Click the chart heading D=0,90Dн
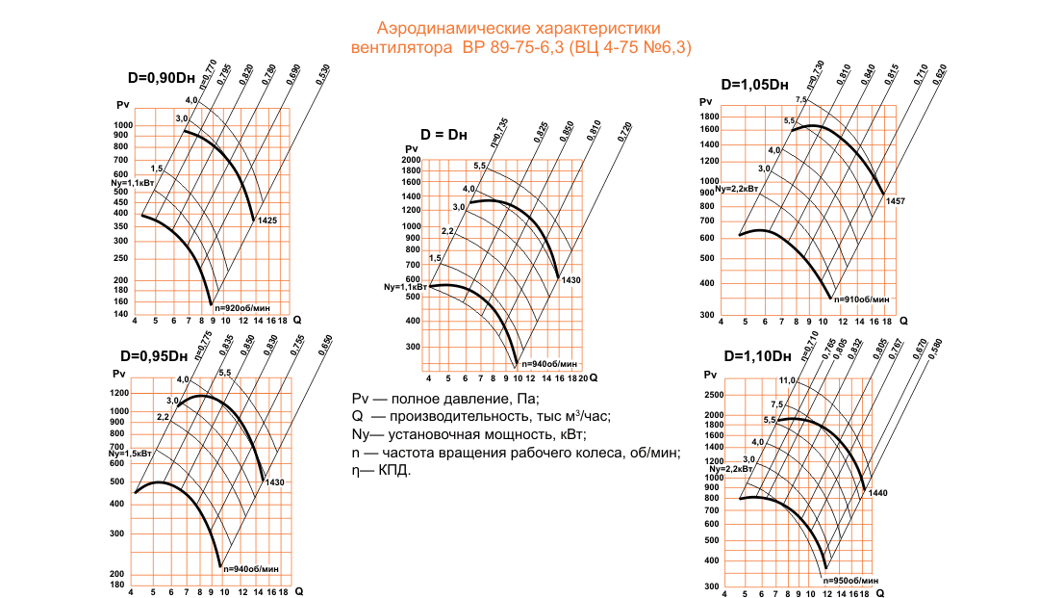[x=164, y=78]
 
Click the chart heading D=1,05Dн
[x=755, y=84]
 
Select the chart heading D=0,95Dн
[x=154, y=355]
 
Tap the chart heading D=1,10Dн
[x=756, y=357]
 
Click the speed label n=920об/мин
[x=243, y=308]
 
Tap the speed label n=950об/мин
[x=850, y=581]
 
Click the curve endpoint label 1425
[x=267, y=221]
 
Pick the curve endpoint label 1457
[x=896, y=200]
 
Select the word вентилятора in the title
[x=402, y=47]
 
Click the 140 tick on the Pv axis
[x=120, y=314]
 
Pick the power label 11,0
[x=787, y=381]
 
